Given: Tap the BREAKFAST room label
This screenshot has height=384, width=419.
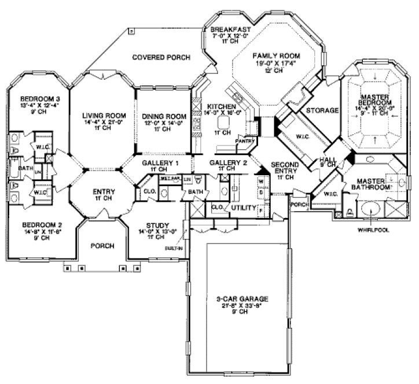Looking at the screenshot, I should coord(230,29).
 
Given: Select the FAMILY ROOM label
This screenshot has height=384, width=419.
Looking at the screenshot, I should coord(274,56).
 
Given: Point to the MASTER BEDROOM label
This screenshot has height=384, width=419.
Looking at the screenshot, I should coord(373,101).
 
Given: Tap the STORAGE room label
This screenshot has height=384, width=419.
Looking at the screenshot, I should coord(322,110).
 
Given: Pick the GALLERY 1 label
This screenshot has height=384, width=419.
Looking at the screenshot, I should coord(160,163).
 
